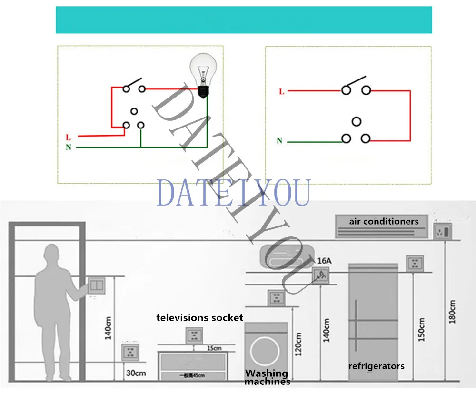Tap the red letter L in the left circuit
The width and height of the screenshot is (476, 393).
pos(69,138)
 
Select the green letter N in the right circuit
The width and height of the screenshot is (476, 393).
pos(279,141)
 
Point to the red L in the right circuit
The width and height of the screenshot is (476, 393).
pos(281,91)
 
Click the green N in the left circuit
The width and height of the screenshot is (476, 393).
pos(69,147)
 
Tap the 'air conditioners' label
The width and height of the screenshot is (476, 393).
pos(384,221)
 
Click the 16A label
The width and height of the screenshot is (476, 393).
pos(323,261)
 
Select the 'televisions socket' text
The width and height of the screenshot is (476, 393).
pos(199,317)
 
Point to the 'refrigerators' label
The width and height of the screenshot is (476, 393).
pos(376,366)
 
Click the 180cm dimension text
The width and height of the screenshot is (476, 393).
pos(452,312)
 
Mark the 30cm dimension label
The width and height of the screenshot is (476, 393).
pos(136,373)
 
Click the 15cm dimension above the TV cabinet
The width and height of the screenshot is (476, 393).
pos(214,348)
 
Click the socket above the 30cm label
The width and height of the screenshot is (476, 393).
pos(130,352)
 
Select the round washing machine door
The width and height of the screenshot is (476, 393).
pos(266,353)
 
